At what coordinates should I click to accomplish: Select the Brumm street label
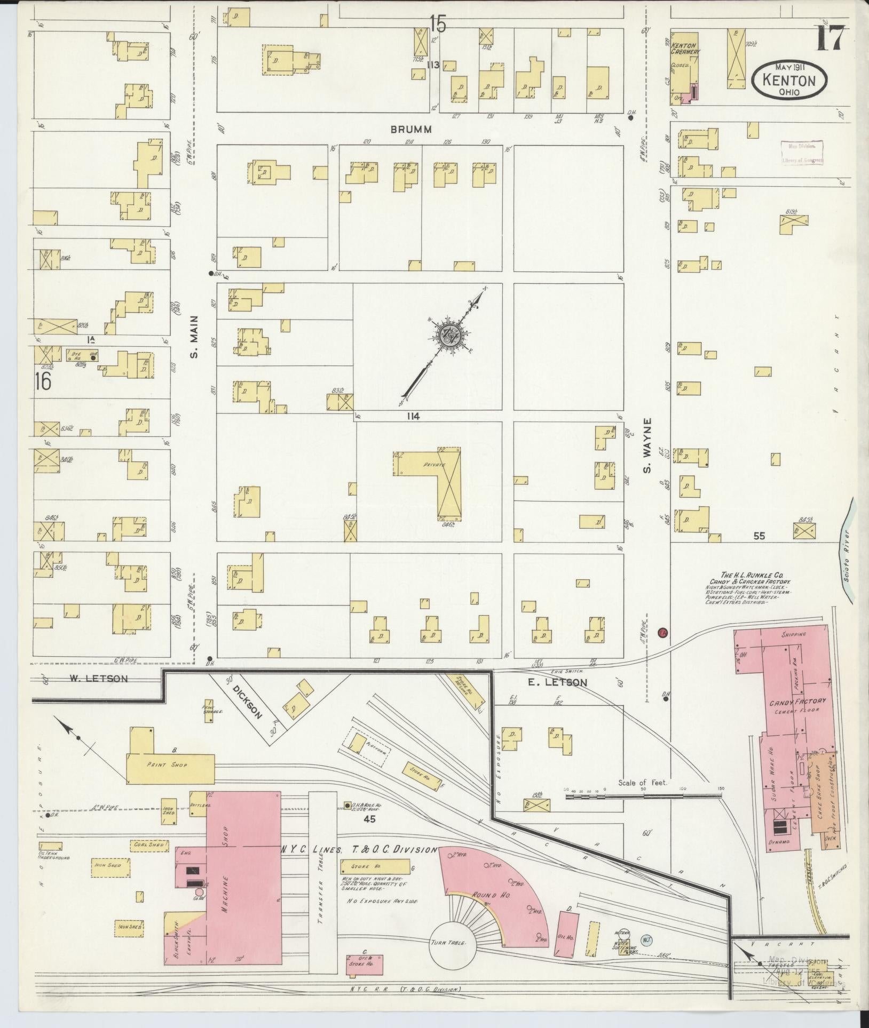[410, 129]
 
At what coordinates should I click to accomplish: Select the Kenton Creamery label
[685, 49]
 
